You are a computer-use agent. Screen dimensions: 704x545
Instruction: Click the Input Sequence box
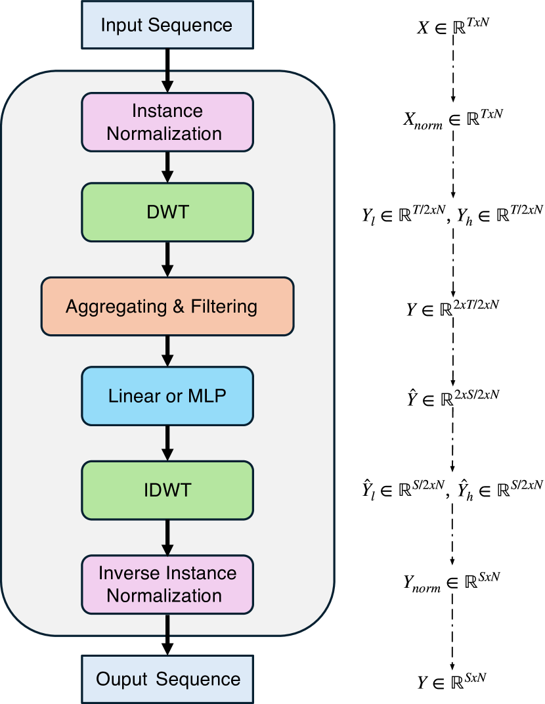click(167, 26)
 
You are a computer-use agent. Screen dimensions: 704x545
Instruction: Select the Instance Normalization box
click(167, 121)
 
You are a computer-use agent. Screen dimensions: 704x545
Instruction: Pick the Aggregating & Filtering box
click(167, 306)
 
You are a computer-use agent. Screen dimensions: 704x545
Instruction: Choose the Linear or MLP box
click(167, 396)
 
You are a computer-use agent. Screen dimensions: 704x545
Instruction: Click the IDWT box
click(167, 489)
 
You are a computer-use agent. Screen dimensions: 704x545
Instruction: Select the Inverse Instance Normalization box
click(167, 584)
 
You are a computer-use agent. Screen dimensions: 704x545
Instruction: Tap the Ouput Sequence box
click(167, 678)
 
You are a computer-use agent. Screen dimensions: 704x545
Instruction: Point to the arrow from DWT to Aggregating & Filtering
click(167, 259)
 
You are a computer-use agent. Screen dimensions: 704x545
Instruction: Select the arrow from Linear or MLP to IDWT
click(167, 443)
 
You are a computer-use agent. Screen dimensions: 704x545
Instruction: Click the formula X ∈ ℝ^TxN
click(452, 28)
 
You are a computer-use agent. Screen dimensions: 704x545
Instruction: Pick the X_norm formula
click(452, 119)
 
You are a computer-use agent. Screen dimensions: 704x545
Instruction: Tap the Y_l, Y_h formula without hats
click(452, 212)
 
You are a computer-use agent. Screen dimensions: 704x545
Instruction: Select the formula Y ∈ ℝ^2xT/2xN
click(452, 306)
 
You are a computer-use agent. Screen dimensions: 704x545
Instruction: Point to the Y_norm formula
click(452, 581)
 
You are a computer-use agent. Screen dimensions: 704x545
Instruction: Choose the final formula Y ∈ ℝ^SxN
click(452, 682)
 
